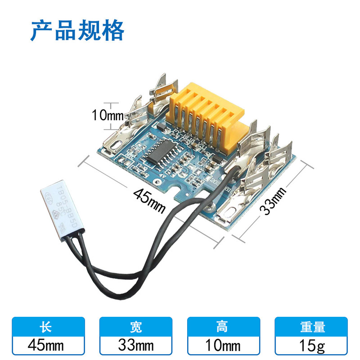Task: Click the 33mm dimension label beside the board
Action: (x=274, y=201)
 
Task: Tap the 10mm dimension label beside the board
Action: (x=108, y=115)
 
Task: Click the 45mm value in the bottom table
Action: (x=48, y=345)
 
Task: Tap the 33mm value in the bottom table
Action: (x=136, y=345)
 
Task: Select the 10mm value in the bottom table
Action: (x=224, y=345)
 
